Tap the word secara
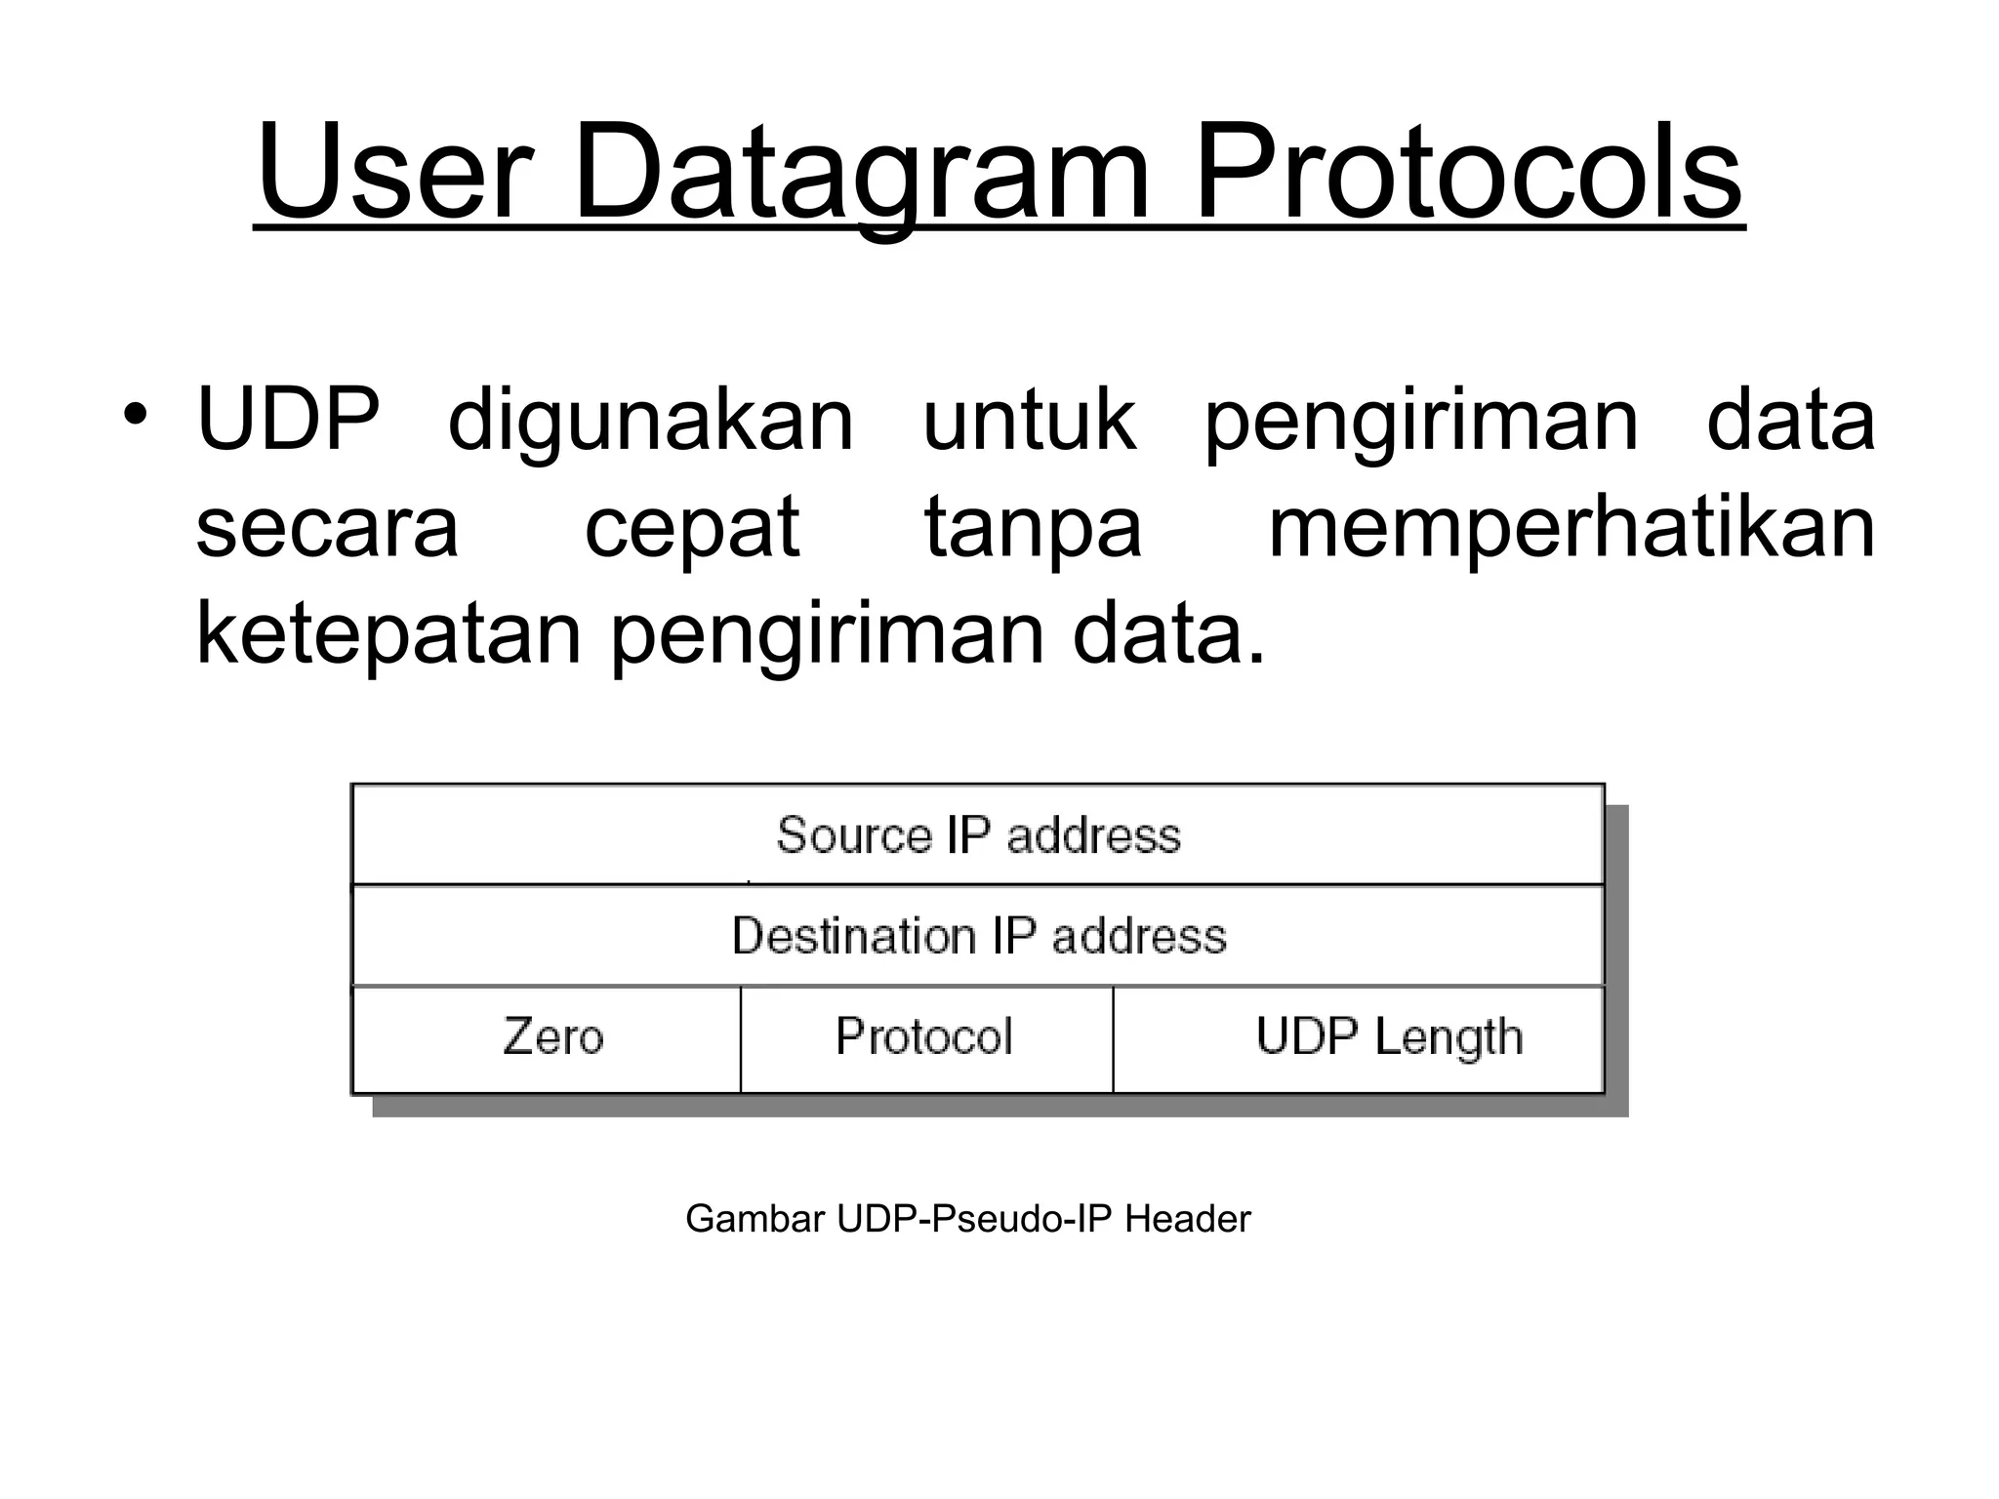pyautogui.click(x=327, y=527)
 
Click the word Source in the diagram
pyautogui.click(x=853, y=835)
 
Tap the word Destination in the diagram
pyautogui.click(x=853, y=935)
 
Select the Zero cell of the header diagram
pyautogui.click(x=547, y=1038)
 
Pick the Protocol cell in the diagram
pyautogui.click(x=925, y=1036)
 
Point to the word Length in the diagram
pyautogui.click(x=1448, y=1038)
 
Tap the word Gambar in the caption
pyautogui.click(x=755, y=1219)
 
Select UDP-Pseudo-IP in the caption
pyautogui.click(x=975, y=1219)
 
